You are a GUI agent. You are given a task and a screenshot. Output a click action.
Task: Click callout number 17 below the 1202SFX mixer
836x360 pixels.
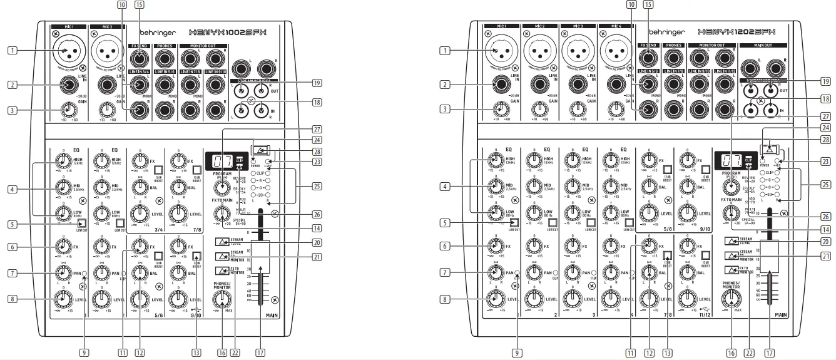[769, 352]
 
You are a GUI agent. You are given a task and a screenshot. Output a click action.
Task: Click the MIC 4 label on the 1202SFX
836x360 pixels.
[609, 27]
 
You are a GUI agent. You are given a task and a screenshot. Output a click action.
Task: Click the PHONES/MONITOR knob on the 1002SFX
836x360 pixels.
[220, 299]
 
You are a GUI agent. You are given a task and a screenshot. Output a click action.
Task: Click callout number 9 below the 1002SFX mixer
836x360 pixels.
[83, 352]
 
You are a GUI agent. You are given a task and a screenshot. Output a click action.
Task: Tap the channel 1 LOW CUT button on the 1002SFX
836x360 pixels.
[81, 223]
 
